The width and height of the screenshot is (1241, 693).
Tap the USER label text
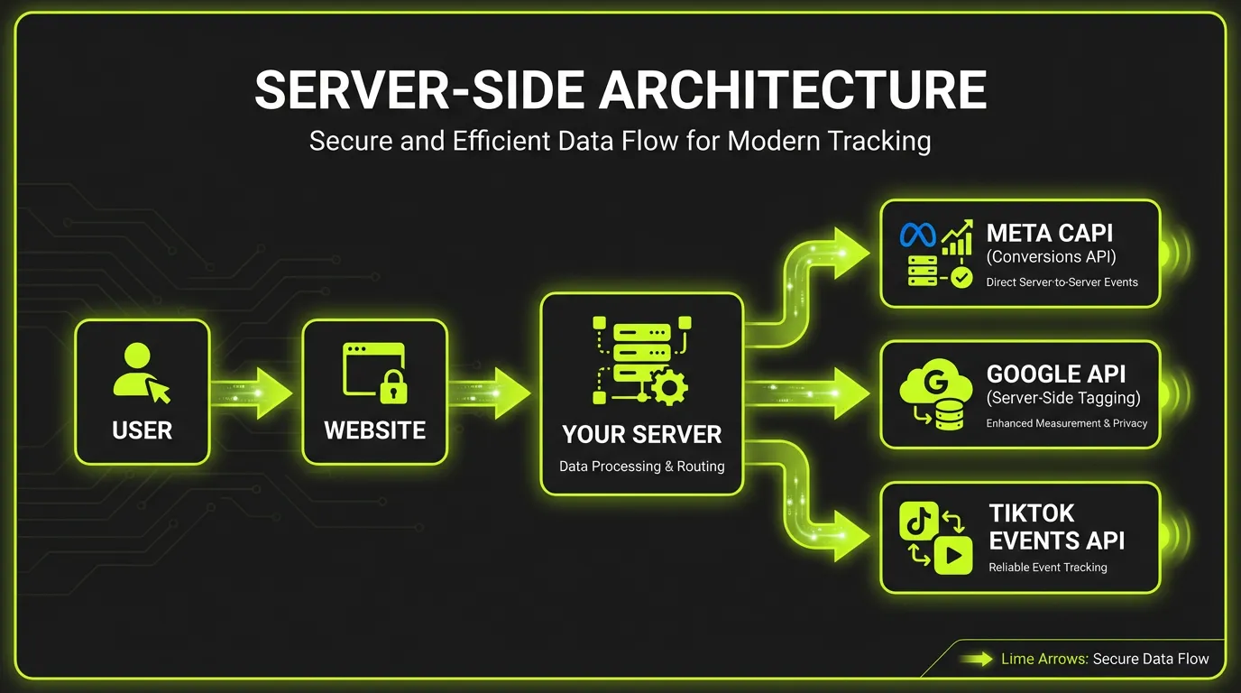(x=142, y=430)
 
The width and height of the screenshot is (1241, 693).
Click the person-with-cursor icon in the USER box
(x=141, y=371)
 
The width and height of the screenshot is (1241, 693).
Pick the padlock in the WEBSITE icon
(x=392, y=387)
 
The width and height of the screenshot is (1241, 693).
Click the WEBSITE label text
(x=374, y=430)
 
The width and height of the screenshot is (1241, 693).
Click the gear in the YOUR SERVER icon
(x=668, y=388)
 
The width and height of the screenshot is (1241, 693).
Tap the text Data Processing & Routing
(x=641, y=467)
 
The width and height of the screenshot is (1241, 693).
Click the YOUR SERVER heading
(x=641, y=435)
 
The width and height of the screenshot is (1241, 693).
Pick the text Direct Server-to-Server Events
(x=1062, y=282)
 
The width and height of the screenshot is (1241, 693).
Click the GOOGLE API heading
(x=1056, y=374)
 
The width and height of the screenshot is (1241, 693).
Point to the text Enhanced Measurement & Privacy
(x=1066, y=423)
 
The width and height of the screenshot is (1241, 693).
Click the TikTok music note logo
(x=916, y=522)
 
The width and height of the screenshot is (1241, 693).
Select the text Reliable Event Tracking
(x=1047, y=568)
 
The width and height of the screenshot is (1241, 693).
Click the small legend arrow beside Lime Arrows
(x=976, y=660)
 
